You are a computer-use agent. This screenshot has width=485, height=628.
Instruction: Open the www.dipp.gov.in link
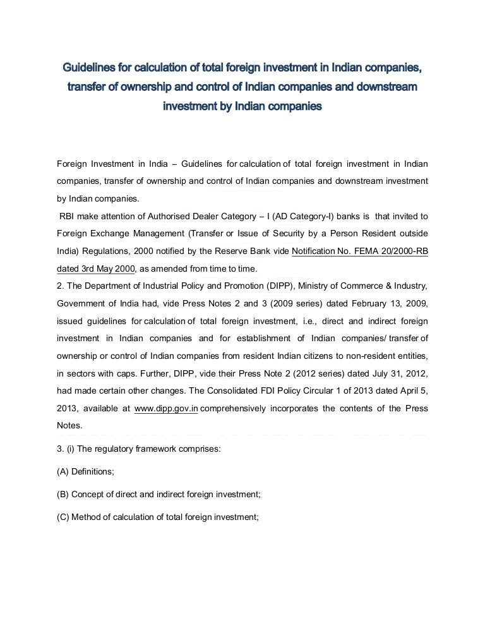167,409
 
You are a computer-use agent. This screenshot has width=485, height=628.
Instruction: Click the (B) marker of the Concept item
63,493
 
